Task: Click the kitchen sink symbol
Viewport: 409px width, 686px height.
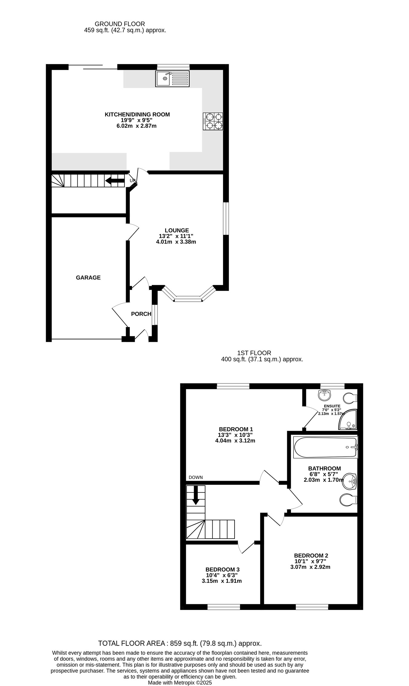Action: [172, 79]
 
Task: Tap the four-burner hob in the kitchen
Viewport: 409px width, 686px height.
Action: [213, 121]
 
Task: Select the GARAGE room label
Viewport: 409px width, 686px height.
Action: [88, 278]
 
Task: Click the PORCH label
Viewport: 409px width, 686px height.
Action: [141, 314]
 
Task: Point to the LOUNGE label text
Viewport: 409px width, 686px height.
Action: [177, 230]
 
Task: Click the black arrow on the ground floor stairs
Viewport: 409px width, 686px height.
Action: [115, 181]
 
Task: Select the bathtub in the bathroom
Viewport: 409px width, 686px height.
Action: [326, 447]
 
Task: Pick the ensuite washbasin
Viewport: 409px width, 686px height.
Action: [325, 395]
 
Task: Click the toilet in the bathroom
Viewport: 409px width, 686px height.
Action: [349, 500]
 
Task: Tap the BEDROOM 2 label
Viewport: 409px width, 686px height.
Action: [311, 556]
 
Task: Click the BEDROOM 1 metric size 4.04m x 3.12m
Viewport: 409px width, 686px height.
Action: [235, 441]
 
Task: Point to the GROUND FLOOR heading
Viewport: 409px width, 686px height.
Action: [120, 24]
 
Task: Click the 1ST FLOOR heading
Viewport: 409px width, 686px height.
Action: [254, 353]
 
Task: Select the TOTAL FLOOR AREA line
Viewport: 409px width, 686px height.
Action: [180, 643]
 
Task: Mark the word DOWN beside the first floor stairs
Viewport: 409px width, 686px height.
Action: [196, 477]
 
